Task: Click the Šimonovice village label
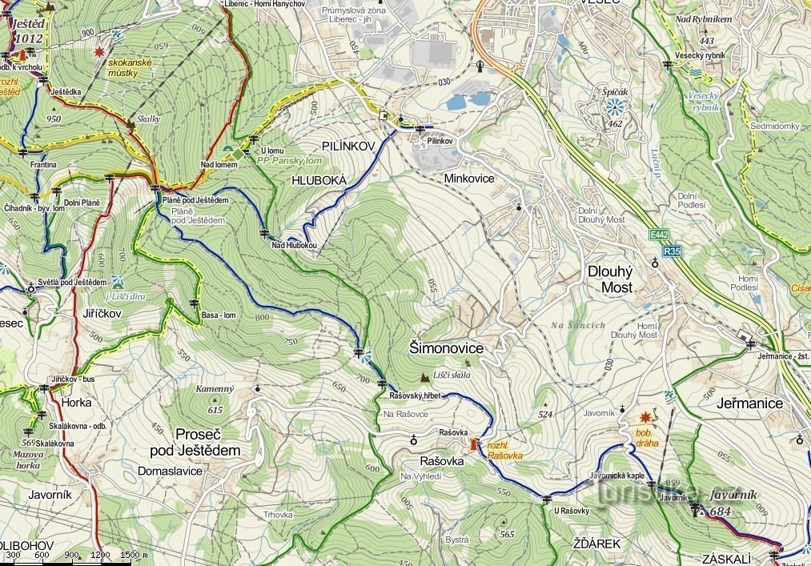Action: (x=446, y=348)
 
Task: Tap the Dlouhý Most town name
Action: (x=611, y=279)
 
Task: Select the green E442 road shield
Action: (x=658, y=235)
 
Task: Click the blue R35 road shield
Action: (x=672, y=251)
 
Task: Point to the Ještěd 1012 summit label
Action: (x=27, y=31)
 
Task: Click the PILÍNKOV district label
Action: (x=348, y=146)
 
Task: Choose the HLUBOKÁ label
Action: (x=319, y=181)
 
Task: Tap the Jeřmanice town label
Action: (x=750, y=403)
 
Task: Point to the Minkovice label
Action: (x=469, y=179)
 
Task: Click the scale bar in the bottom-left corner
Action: (x=76, y=556)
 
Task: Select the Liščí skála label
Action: (x=452, y=375)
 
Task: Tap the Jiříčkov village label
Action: (x=101, y=314)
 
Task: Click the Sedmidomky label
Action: (x=774, y=126)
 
